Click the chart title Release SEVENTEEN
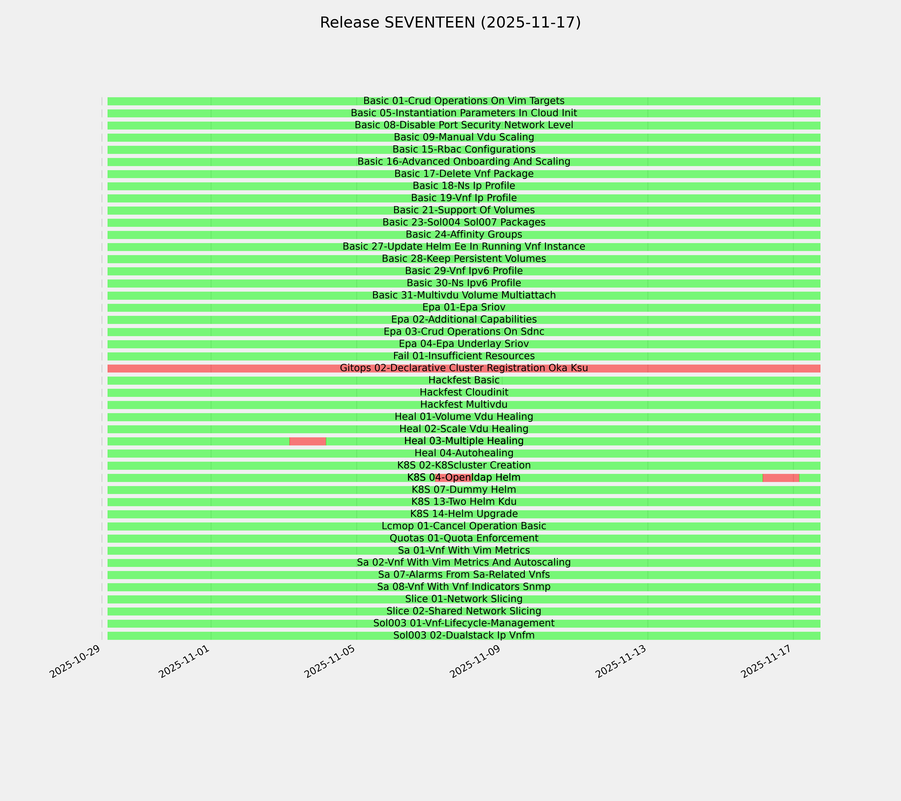tap(450, 23)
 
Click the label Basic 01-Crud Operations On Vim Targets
tap(464, 101)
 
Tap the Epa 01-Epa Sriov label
tap(464, 307)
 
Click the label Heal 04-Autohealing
tap(464, 453)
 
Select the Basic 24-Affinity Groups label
tap(464, 234)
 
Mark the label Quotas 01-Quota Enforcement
tap(464, 538)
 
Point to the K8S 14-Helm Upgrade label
tap(464, 514)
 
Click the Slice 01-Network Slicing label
tap(464, 599)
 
